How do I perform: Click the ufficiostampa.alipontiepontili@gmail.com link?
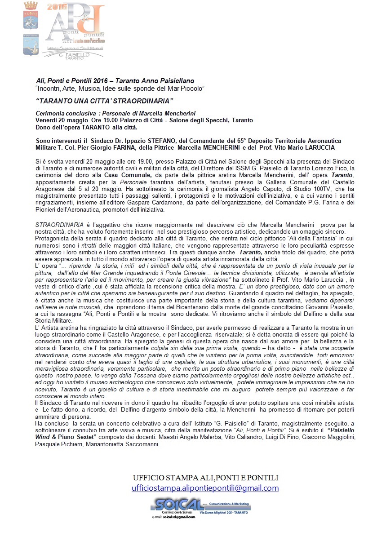pyautogui.click(x=205, y=488)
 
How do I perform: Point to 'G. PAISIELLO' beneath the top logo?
pyautogui.click(x=74, y=54)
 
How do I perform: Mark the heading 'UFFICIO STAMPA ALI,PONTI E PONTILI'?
pyautogui.click(x=205, y=478)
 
